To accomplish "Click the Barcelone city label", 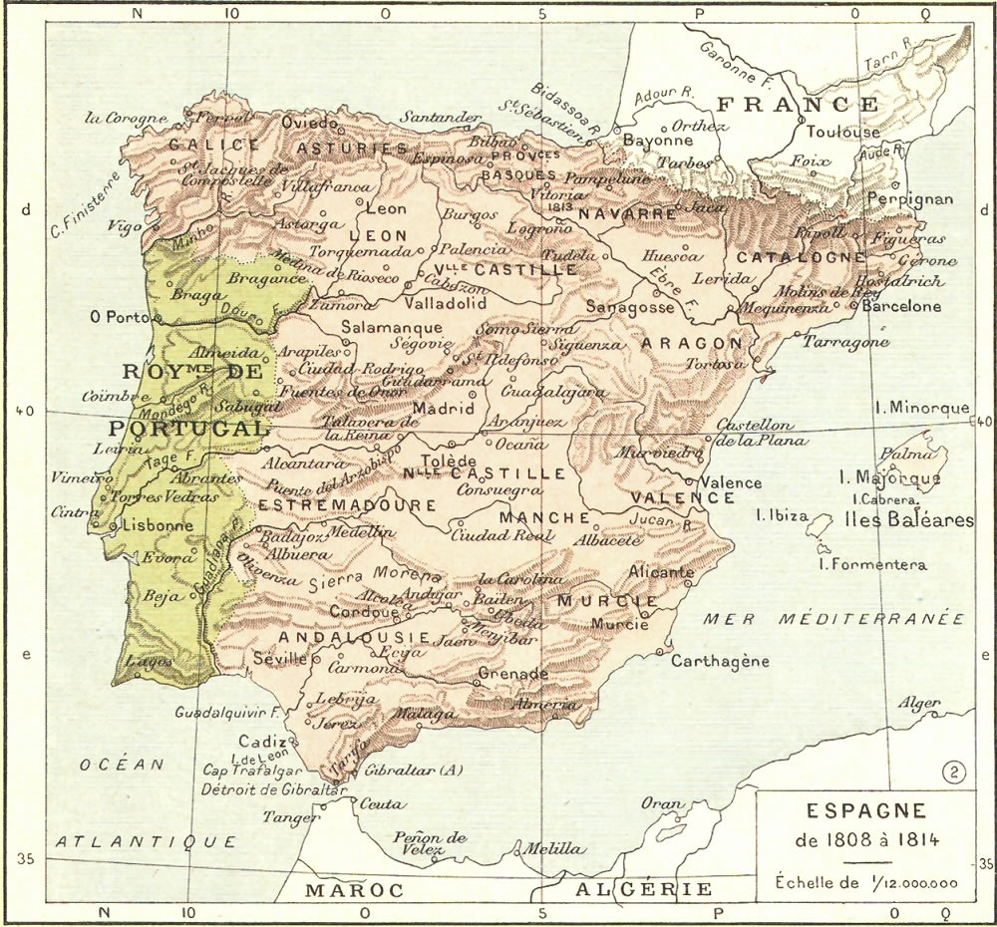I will (901, 306).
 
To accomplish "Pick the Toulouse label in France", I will (842, 132).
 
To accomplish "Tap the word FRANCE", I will (799, 104).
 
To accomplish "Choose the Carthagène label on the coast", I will (720, 661).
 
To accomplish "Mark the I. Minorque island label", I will (921, 408).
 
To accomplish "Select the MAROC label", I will (354, 889).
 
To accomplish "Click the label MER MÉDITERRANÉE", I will (834, 619).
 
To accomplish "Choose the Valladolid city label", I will (445, 302).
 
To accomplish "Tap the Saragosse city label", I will (630, 307).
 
